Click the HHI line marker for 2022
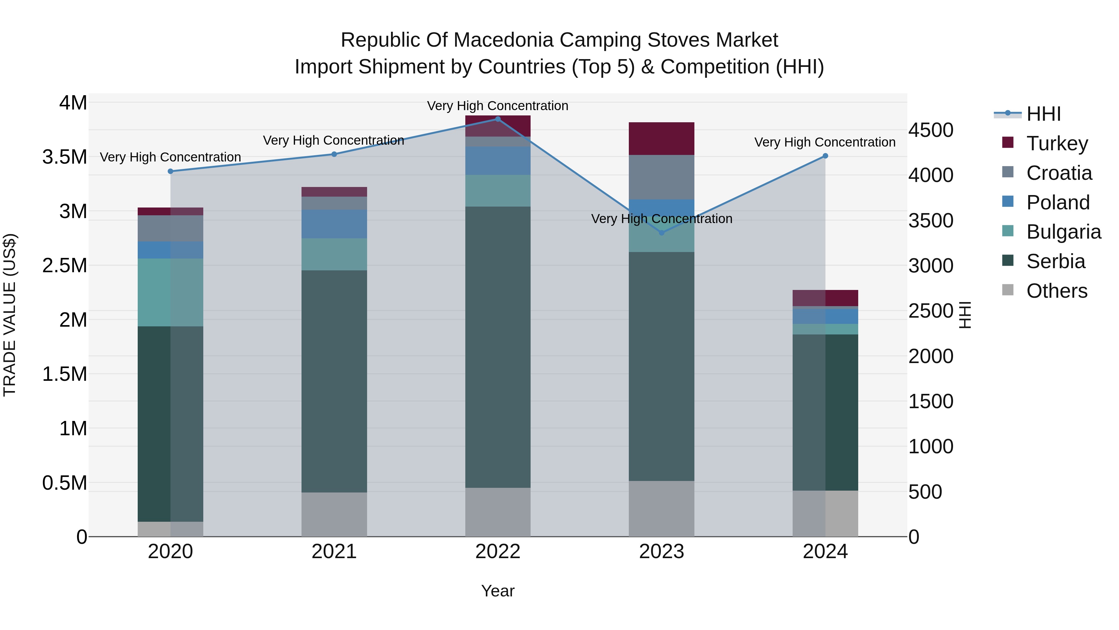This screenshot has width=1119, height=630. [498, 119]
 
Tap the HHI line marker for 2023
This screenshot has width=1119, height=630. [661, 233]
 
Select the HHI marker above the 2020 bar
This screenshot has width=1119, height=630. [170, 171]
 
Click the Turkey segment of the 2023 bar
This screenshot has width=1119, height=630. [661, 139]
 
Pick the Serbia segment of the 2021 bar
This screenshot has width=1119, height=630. [334, 381]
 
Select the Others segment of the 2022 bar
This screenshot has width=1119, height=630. [498, 512]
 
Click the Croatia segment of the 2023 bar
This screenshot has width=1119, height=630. [661, 177]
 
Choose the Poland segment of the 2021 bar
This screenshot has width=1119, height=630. [334, 224]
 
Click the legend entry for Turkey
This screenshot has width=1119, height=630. [1057, 143]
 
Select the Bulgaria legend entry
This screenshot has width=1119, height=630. [1063, 232]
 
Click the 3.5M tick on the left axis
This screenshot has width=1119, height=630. [65, 157]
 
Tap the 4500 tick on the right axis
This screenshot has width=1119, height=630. [930, 130]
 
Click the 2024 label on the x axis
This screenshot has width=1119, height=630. [825, 552]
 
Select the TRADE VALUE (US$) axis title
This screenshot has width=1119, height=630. [10, 315]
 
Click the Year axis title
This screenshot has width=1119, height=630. [498, 591]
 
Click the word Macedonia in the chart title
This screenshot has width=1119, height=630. [504, 40]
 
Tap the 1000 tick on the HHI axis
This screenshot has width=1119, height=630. [930, 446]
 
